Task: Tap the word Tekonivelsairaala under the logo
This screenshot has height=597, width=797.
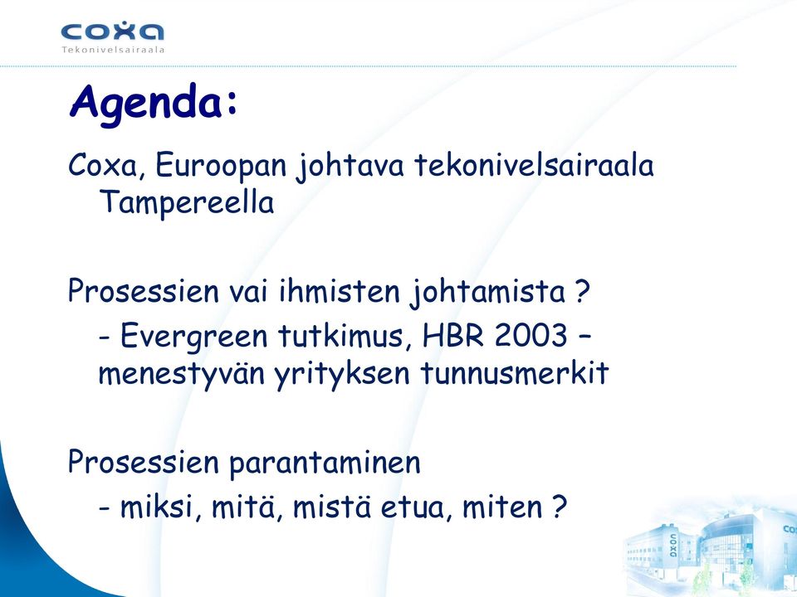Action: click(113, 50)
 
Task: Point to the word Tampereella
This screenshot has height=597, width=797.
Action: click(187, 202)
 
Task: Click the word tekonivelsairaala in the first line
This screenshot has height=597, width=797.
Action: click(534, 166)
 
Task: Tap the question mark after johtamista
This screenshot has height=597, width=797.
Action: click(583, 292)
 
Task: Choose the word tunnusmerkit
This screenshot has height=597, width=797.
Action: click(515, 372)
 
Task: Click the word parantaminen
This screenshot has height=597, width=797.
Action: click(325, 464)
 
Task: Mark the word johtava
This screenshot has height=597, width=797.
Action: click(350, 167)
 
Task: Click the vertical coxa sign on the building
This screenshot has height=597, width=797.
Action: click(673, 546)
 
